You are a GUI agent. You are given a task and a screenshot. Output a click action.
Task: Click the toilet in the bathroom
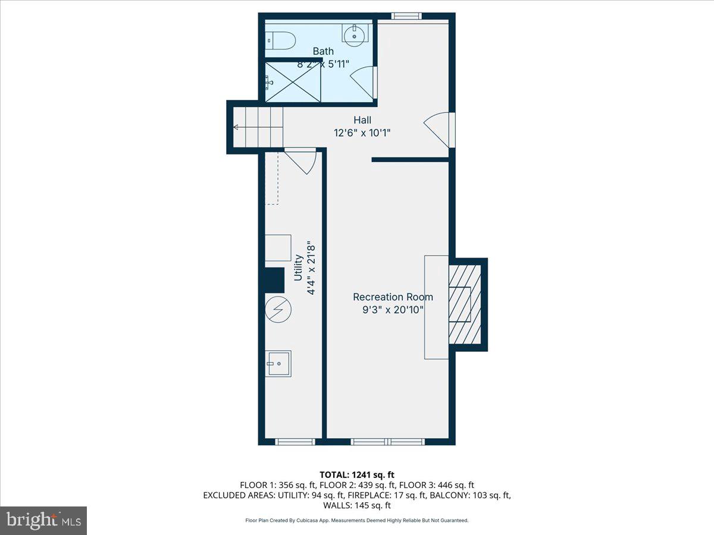click(x=280, y=40)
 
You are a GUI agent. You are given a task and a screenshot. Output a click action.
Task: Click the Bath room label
click(x=323, y=51)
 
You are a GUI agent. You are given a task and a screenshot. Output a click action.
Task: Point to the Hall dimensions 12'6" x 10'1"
click(x=362, y=133)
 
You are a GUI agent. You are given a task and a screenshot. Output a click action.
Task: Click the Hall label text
click(x=362, y=120)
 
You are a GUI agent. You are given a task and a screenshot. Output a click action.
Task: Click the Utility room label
click(x=298, y=267)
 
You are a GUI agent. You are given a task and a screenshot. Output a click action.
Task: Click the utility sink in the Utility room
click(x=278, y=363)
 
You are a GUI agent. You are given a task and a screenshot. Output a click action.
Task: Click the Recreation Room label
click(x=393, y=297)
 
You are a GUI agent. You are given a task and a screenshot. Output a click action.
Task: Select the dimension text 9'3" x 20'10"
click(x=393, y=309)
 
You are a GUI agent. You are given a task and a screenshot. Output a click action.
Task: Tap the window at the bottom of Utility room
click(x=295, y=442)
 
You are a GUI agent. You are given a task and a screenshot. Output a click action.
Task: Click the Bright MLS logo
click(x=43, y=521)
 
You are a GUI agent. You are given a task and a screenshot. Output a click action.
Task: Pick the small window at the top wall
click(x=407, y=16)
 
